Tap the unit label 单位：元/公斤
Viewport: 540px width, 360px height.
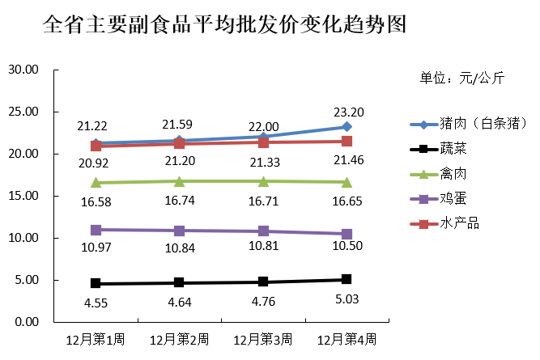pos(461,78)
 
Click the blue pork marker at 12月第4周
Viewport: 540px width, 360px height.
pos(347,127)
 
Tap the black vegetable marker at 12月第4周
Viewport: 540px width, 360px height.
pos(347,280)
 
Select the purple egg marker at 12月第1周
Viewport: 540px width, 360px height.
pos(96,230)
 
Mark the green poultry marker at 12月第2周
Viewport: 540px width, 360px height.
pos(179,181)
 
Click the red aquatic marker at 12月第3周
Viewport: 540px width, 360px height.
pos(263,142)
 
